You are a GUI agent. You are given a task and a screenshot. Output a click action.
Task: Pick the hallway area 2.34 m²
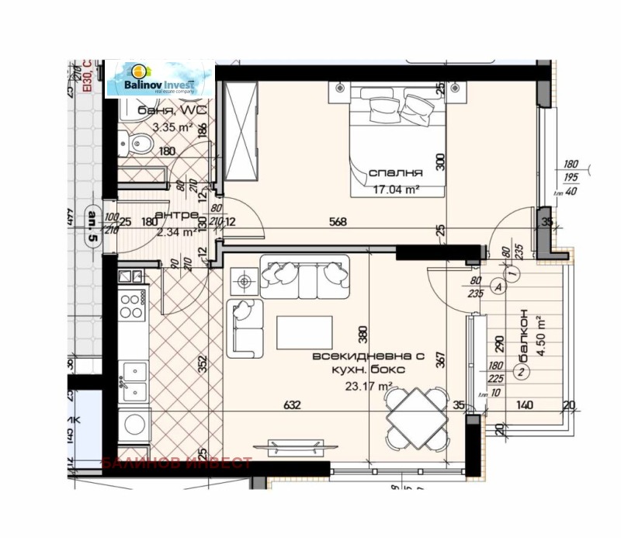pyautogui.click(x=177, y=231)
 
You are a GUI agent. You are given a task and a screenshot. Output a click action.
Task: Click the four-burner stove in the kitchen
pyautogui.click(x=132, y=303)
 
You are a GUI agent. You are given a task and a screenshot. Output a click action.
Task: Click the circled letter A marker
pyautogui.click(x=498, y=286)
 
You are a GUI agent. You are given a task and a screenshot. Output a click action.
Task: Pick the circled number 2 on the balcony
pyautogui.click(x=522, y=371)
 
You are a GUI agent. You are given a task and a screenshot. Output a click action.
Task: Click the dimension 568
pyautogui.click(x=337, y=221)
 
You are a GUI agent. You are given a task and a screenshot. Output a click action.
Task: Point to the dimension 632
pyautogui.click(x=292, y=404)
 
